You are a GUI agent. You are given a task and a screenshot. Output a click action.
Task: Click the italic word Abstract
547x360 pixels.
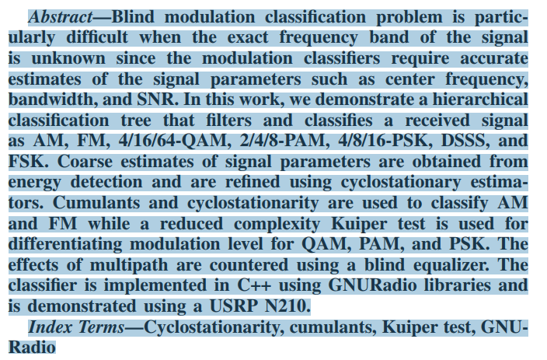pos(60,17)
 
